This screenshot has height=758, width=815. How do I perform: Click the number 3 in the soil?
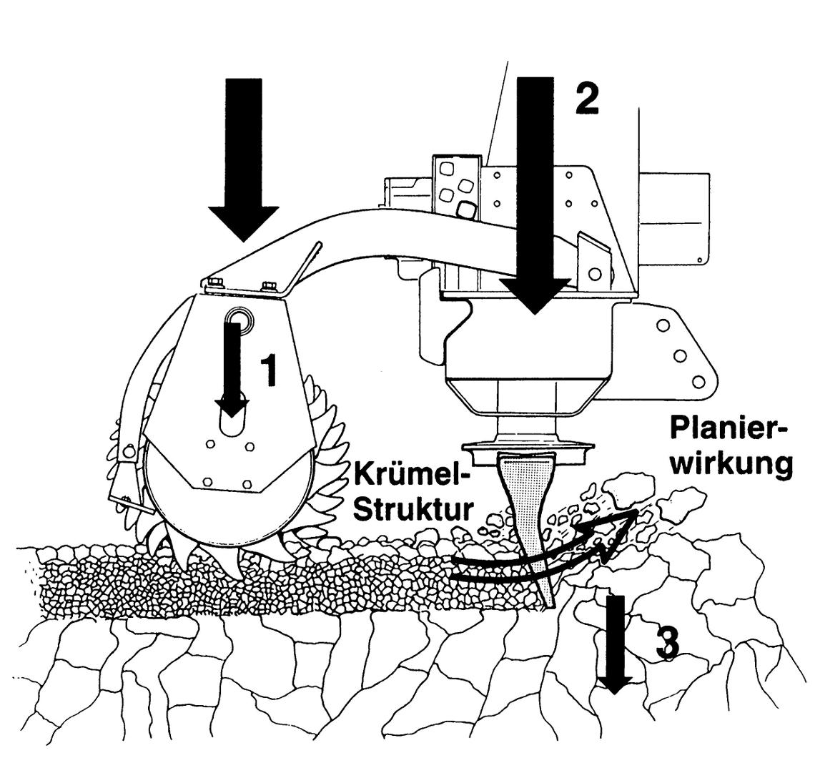[668, 644]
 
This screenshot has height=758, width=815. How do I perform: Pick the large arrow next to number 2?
[535, 195]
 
